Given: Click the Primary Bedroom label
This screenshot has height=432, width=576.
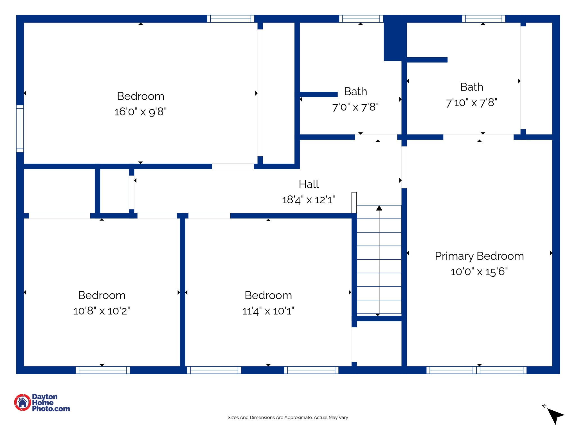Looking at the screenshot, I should (x=479, y=256).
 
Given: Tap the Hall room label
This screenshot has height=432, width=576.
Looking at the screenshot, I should (x=309, y=184).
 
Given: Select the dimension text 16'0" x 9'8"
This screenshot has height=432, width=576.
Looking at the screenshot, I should (x=140, y=112).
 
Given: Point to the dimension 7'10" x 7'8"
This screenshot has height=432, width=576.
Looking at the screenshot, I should (x=471, y=103).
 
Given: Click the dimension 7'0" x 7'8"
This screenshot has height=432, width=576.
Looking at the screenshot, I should (x=355, y=107).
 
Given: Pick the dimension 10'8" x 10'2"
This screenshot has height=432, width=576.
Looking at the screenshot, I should (x=102, y=311).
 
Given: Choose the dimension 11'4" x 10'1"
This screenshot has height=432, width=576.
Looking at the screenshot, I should (x=268, y=311).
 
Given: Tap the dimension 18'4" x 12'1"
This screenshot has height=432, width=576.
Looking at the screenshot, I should (x=308, y=200).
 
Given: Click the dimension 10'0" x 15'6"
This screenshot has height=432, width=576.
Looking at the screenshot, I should (x=479, y=272).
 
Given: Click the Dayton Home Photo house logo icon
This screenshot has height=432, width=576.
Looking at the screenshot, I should (x=22, y=402).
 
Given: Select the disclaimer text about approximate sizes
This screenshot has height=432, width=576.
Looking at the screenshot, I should (x=288, y=417).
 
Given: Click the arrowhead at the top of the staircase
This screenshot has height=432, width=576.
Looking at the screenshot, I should (x=379, y=208).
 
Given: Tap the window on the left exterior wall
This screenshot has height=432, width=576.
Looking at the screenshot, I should (x=20, y=129).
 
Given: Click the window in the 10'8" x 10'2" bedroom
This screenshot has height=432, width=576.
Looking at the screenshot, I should (x=103, y=370).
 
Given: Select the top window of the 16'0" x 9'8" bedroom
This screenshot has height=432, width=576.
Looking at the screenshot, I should (x=231, y=19).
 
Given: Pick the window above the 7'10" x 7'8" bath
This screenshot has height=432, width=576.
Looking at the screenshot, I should (x=483, y=19).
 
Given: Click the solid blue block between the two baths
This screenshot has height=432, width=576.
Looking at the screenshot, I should (x=395, y=38).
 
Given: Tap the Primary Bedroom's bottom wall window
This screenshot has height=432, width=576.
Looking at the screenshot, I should (x=476, y=370).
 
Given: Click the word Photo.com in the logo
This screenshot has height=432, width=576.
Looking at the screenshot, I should (x=51, y=409).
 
